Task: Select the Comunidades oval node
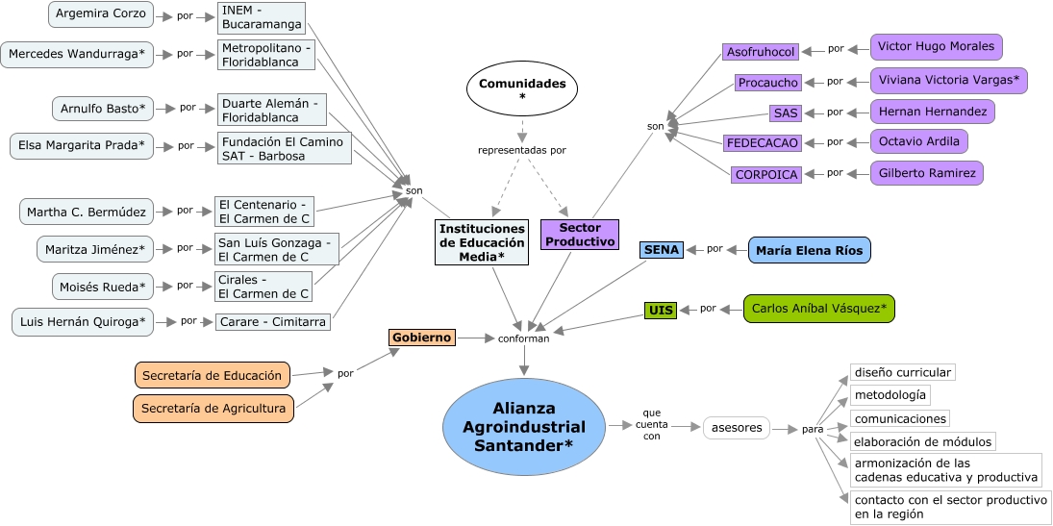(522, 88)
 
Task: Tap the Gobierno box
(421, 338)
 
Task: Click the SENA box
(662, 249)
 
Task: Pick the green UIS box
(661, 310)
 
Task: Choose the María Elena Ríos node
(810, 250)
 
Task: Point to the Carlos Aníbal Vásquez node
(819, 309)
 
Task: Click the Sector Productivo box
(579, 235)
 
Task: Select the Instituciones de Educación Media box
(482, 242)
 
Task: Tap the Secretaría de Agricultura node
(213, 409)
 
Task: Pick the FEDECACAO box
(763, 143)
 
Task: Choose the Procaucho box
(768, 83)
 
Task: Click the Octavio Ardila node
(918, 141)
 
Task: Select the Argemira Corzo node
(101, 13)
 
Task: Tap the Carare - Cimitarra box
(273, 321)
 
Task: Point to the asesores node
(736, 427)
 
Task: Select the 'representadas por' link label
(522, 150)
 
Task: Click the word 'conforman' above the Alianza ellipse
(524, 338)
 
